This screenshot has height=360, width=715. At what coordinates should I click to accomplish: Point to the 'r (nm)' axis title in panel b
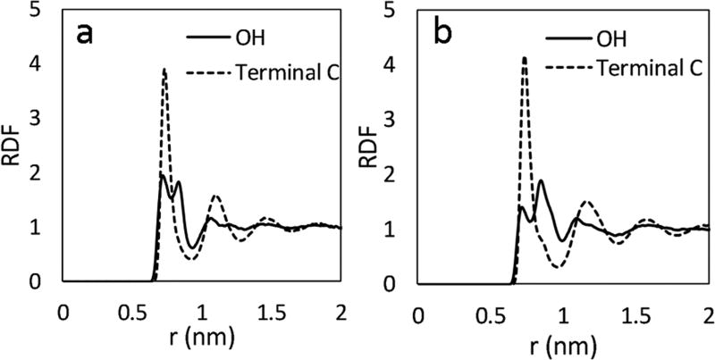click(x=560, y=344)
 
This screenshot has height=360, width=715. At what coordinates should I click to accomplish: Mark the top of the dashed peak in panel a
click(x=164, y=69)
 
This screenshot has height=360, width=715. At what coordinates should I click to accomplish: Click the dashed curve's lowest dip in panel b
click(x=559, y=267)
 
